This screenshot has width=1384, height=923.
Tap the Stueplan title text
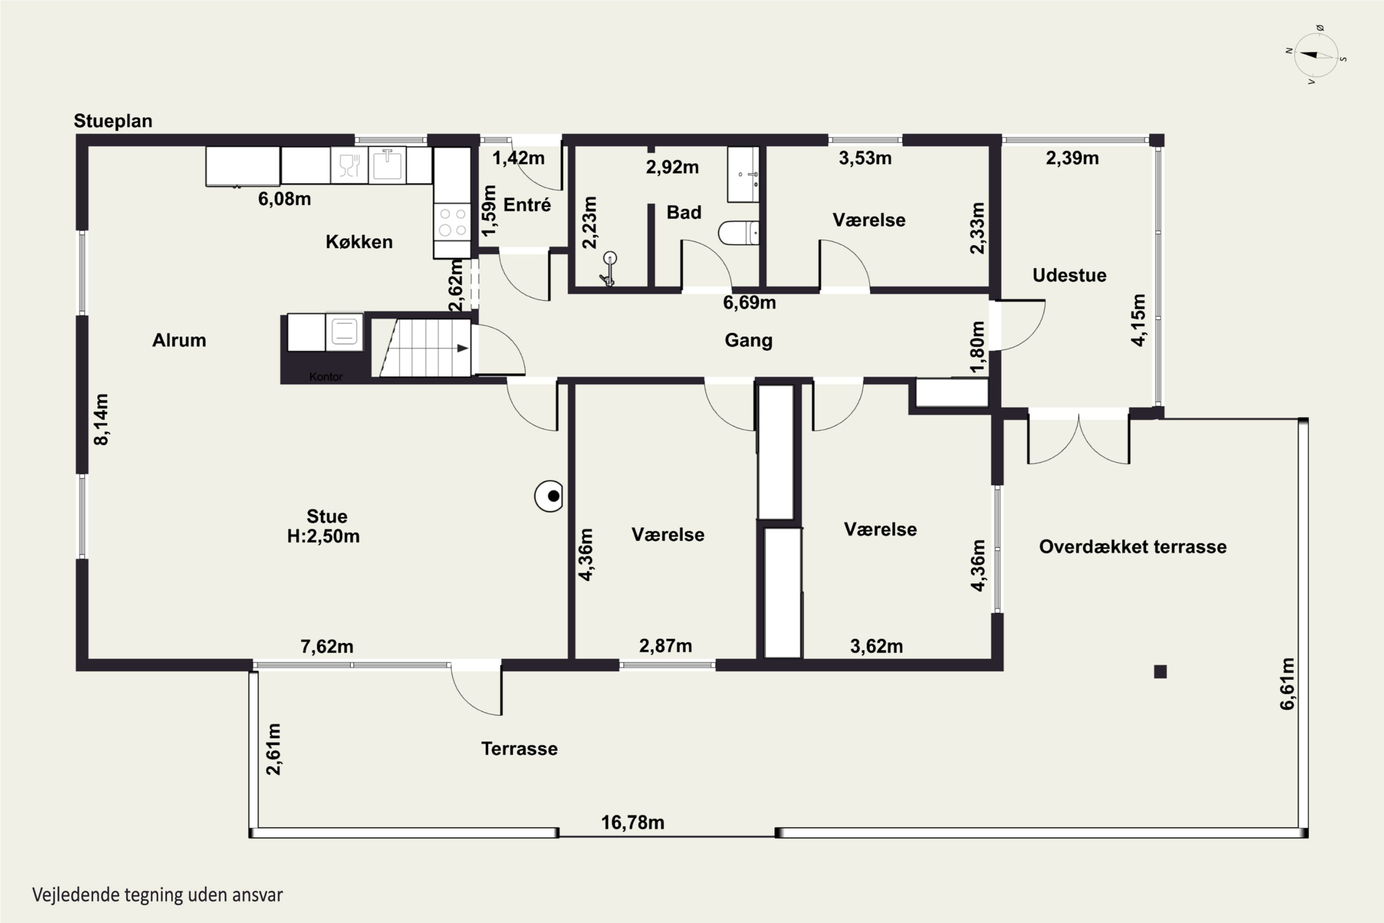point(113,120)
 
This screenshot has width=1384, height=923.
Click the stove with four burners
point(452,222)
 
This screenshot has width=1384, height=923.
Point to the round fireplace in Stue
point(549,496)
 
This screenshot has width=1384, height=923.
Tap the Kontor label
point(325,377)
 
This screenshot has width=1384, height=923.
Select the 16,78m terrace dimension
point(632,822)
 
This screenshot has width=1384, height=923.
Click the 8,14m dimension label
point(101,420)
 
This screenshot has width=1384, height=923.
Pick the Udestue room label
point(1069,275)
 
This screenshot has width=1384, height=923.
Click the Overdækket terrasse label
point(1133,546)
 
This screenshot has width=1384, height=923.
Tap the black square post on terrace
point(1160,671)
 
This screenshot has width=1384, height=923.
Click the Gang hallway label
point(748,340)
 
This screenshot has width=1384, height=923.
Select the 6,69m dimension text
point(749,303)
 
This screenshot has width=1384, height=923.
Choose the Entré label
point(527,205)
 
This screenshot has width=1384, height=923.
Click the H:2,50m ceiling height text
point(323,536)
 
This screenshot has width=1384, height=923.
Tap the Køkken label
point(359,241)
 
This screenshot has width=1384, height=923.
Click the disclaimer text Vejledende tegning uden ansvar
point(157,895)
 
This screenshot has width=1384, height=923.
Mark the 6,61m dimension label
point(1288,683)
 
